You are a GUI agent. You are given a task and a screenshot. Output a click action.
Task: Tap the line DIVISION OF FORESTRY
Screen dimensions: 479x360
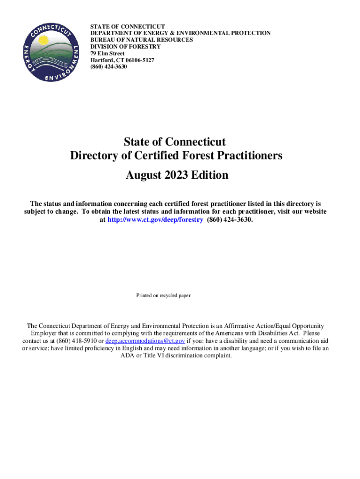[x=125, y=47]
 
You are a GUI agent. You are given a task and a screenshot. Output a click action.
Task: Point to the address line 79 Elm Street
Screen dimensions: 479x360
[x=107, y=54]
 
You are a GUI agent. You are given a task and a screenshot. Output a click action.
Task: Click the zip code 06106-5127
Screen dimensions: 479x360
[x=137, y=60]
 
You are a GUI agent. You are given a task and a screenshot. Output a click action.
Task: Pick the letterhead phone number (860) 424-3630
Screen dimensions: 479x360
[x=108, y=67]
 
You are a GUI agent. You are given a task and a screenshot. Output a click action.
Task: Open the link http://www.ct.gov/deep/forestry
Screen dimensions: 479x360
[x=155, y=219]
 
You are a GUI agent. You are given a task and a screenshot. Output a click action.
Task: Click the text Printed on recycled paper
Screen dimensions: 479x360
[x=163, y=296]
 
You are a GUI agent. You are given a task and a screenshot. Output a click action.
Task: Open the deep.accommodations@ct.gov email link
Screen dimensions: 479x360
[x=145, y=341]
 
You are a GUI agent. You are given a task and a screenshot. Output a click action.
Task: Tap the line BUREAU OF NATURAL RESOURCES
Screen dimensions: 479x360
[x=141, y=40]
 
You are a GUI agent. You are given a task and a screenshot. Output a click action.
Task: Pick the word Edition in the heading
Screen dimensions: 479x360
[x=210, y=175]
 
